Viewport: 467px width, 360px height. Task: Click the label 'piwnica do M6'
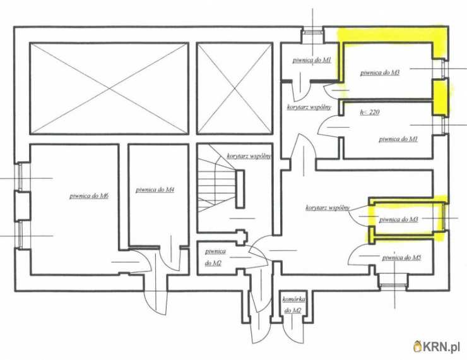[89, 196]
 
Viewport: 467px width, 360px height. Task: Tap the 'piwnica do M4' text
[155, 189]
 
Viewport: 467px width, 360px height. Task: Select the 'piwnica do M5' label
[401, 258]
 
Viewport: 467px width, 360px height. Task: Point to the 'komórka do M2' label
[293, 305]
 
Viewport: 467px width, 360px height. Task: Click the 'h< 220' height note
[370, 112]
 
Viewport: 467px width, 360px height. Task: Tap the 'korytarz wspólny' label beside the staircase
[249, 156]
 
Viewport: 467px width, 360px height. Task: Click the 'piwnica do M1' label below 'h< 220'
[398, 139]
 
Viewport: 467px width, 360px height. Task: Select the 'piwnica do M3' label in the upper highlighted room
[380, 73]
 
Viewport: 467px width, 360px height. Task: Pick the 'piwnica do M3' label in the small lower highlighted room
[398, 220]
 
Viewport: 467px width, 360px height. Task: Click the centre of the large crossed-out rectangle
[109, 88]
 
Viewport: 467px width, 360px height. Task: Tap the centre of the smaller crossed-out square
[235, 88]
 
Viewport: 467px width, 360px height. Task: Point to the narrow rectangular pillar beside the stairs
[240, 189]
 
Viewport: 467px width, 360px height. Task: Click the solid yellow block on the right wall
[440, 97]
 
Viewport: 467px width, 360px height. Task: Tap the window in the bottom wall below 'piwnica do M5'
[393, 285]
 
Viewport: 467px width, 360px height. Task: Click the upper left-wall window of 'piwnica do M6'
[20, 176]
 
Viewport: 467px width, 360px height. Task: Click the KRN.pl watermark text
[441, 347]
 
